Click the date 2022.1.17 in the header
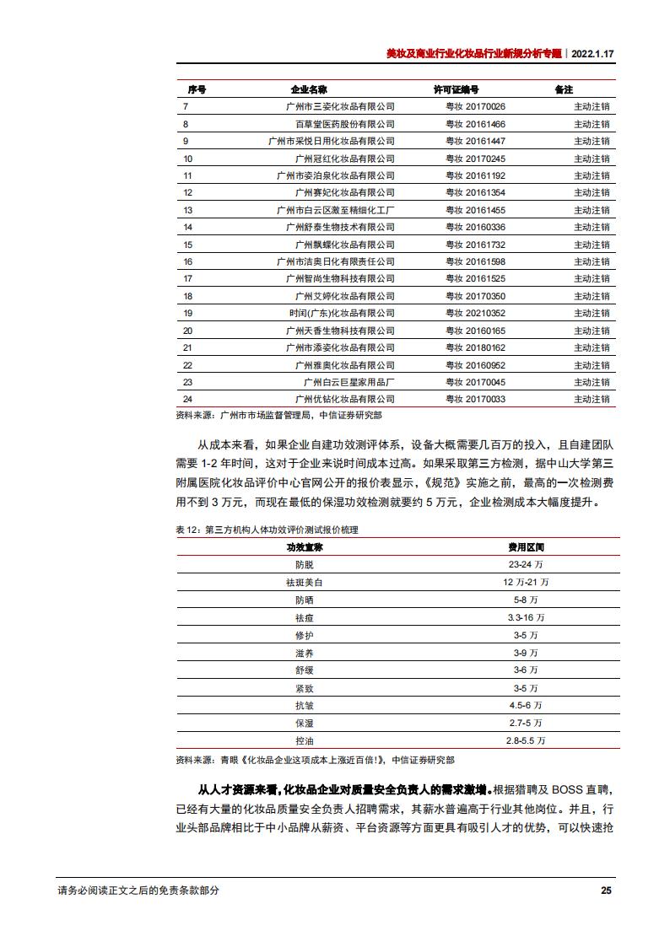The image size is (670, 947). (592, 52)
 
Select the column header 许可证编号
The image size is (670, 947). (457, 89)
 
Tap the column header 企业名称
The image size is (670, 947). (309, 89)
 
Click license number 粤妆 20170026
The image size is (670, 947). (475, 107)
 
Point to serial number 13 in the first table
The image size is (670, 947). (188, 210)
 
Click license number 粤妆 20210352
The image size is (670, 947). (475, 313)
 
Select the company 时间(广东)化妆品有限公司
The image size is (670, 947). (342, 313)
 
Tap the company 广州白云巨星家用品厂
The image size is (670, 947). (344, 382)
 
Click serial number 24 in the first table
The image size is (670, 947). (188, 399)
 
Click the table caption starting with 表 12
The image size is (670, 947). (267, 530)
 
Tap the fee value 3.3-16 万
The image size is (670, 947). (526, 617)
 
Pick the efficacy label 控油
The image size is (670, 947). (304, 740)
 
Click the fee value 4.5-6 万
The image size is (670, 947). (526, 705)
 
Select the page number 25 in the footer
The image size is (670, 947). (605, 891)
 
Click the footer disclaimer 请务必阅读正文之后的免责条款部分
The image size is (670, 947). (138, 891)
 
